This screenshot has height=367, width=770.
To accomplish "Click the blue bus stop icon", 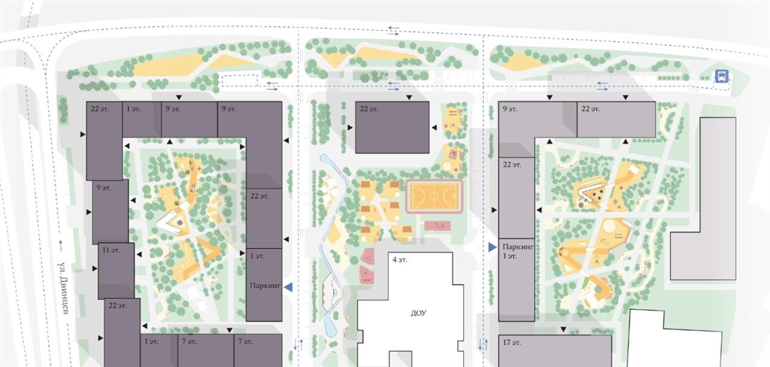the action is (721, 76).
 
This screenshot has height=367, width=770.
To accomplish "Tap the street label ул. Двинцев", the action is (62, 287).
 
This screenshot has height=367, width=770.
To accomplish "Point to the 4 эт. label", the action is (399, 259).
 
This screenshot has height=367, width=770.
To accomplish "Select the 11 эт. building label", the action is (111, 250).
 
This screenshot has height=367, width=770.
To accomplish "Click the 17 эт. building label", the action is (511, 342).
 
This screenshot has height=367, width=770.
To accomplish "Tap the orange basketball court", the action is (434, 196).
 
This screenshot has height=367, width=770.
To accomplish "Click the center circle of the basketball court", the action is (434, 196).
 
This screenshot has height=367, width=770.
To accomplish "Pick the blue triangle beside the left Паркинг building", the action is (289, 287).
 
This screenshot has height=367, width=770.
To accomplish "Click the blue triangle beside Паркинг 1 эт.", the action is (492, 247).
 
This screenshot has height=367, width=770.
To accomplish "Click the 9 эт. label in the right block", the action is (511, 108).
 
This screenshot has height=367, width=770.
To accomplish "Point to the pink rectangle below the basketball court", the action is (438, 226).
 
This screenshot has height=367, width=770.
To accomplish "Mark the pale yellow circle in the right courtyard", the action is (609, 226).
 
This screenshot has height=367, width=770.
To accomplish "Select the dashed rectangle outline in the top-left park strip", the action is (239, 80).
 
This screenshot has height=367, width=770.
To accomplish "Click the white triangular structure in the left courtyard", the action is (173, 223).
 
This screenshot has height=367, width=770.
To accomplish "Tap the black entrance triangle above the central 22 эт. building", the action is (409, 98).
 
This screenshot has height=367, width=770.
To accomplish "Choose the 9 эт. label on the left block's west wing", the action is (104, 188).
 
